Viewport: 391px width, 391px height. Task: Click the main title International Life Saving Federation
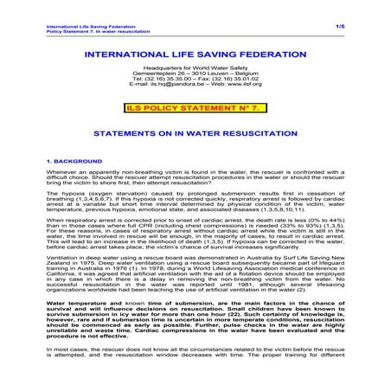[195, 54]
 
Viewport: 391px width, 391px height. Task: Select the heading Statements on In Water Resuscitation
[195, 135]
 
